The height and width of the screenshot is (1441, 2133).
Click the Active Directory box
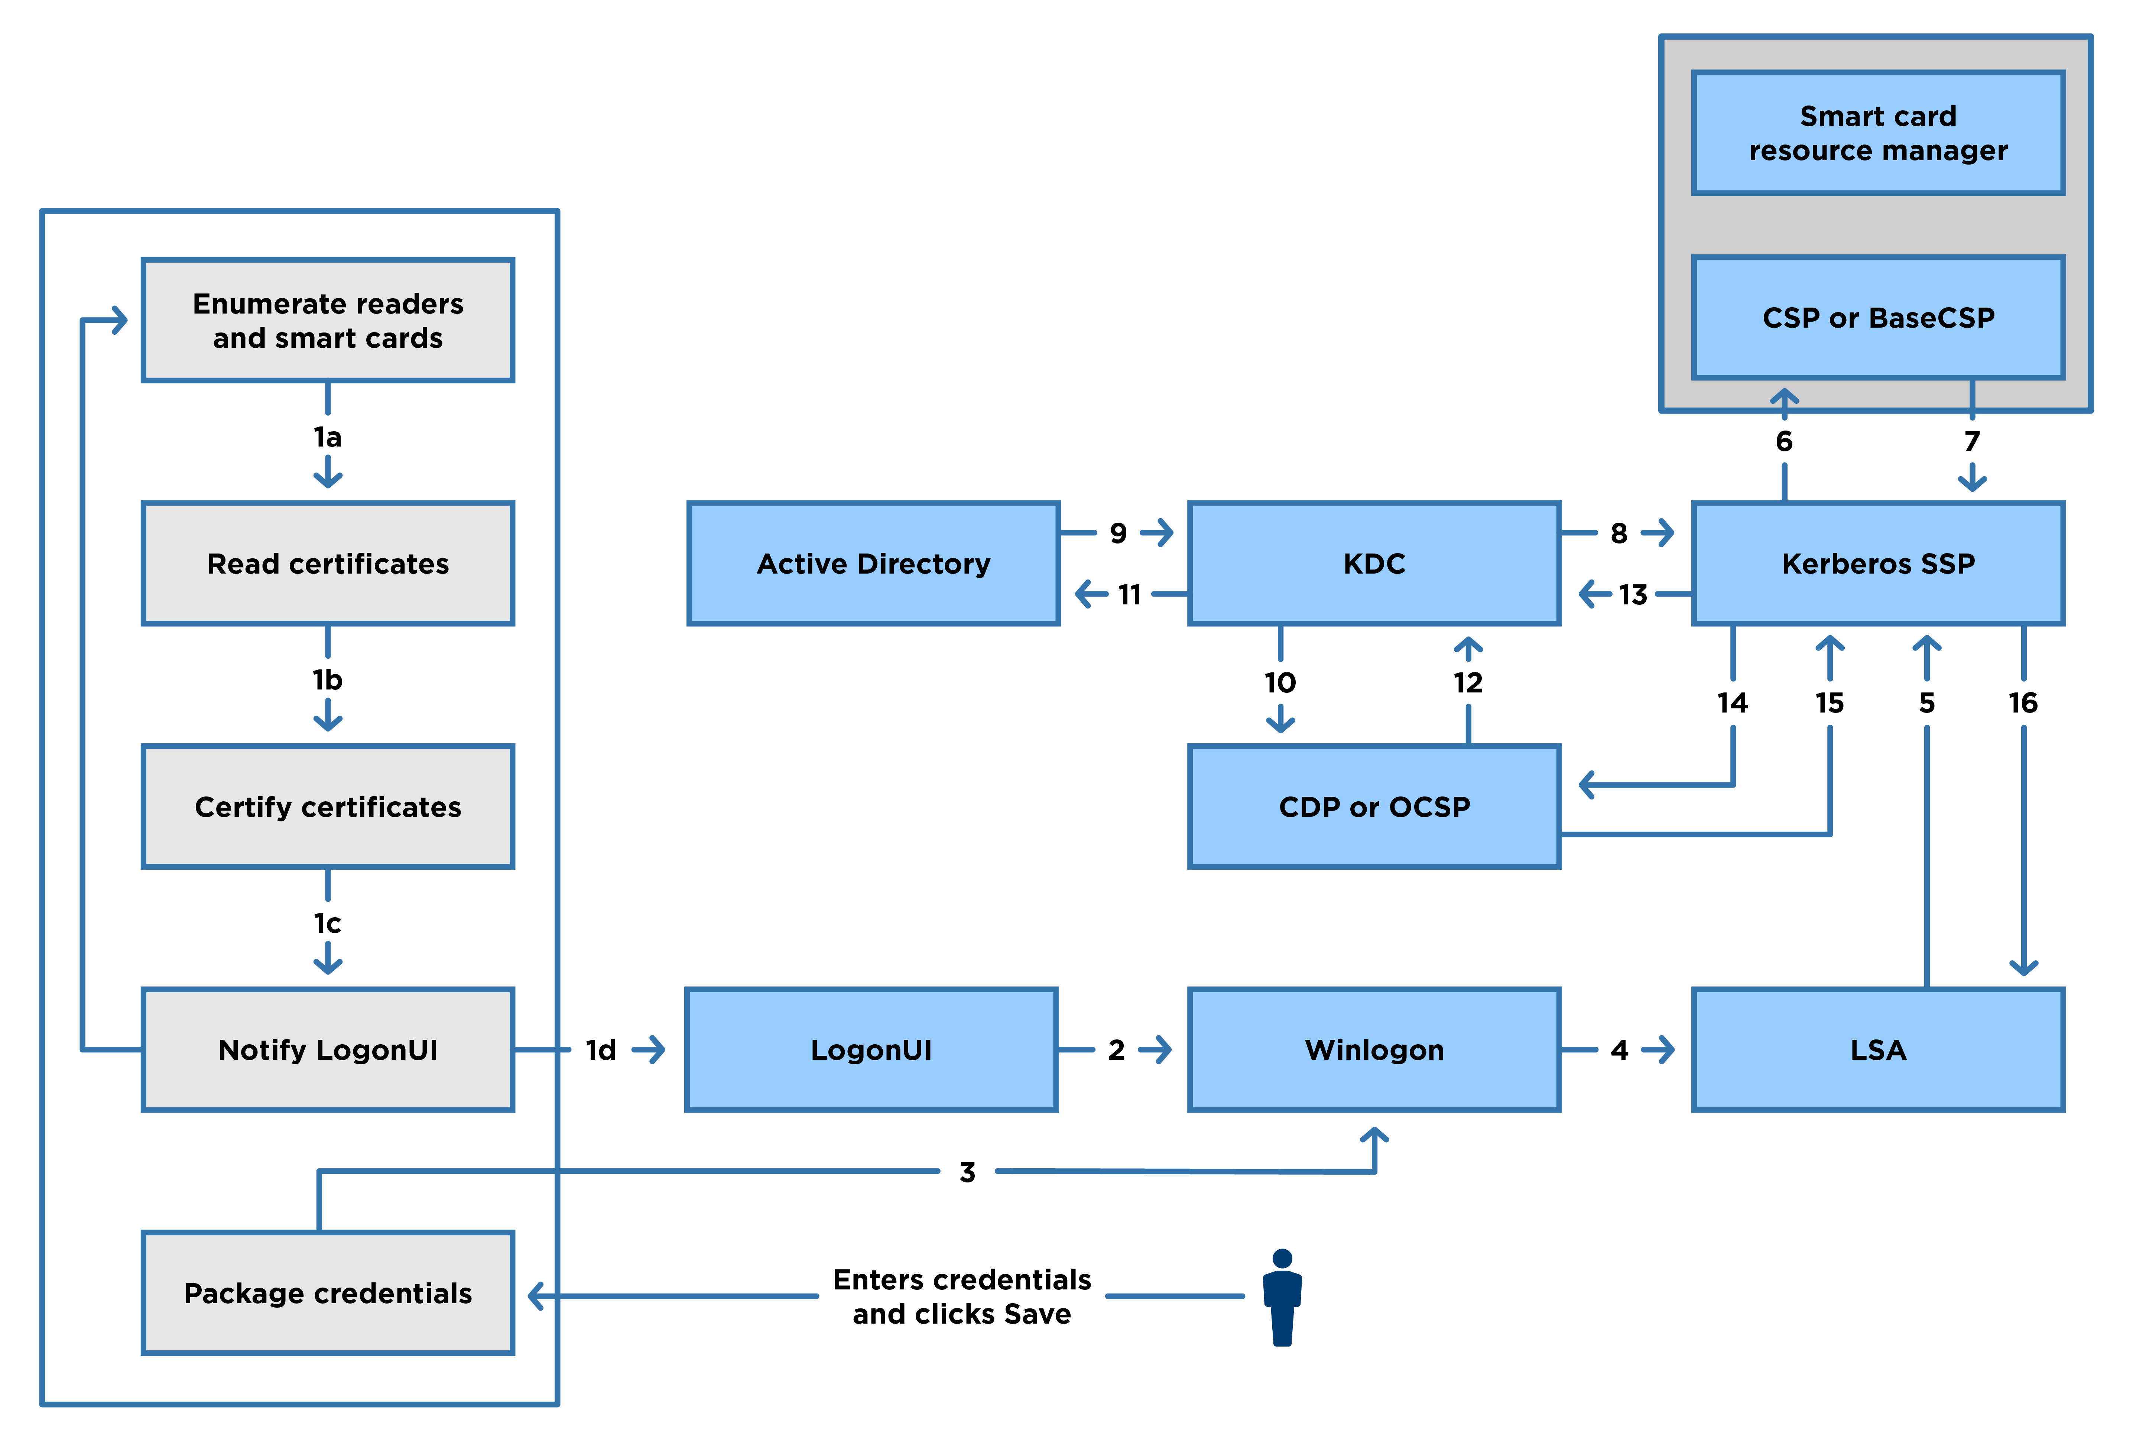(x=873, y=564)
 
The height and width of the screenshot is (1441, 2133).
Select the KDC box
(x=1374, y=564)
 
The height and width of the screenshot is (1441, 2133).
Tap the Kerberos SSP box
(x=1878, y=564)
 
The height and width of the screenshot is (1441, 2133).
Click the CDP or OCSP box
(x=1374, y=807)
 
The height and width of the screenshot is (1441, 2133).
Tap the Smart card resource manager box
(x=1878, y=133)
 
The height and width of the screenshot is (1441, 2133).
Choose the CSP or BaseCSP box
(x=1878, y=318)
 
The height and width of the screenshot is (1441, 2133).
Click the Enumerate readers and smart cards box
(x=328, y=320)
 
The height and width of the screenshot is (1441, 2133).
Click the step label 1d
(x=601, y=1050)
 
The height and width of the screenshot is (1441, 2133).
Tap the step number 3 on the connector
(x=967, y=1172)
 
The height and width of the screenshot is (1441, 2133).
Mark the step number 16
(x=2023, y=703)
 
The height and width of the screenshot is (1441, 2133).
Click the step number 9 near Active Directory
(x=1118, y=533)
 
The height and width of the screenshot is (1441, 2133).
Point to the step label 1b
(x=328, y=680)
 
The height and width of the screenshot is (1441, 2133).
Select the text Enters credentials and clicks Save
(x=962, y=1296)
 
